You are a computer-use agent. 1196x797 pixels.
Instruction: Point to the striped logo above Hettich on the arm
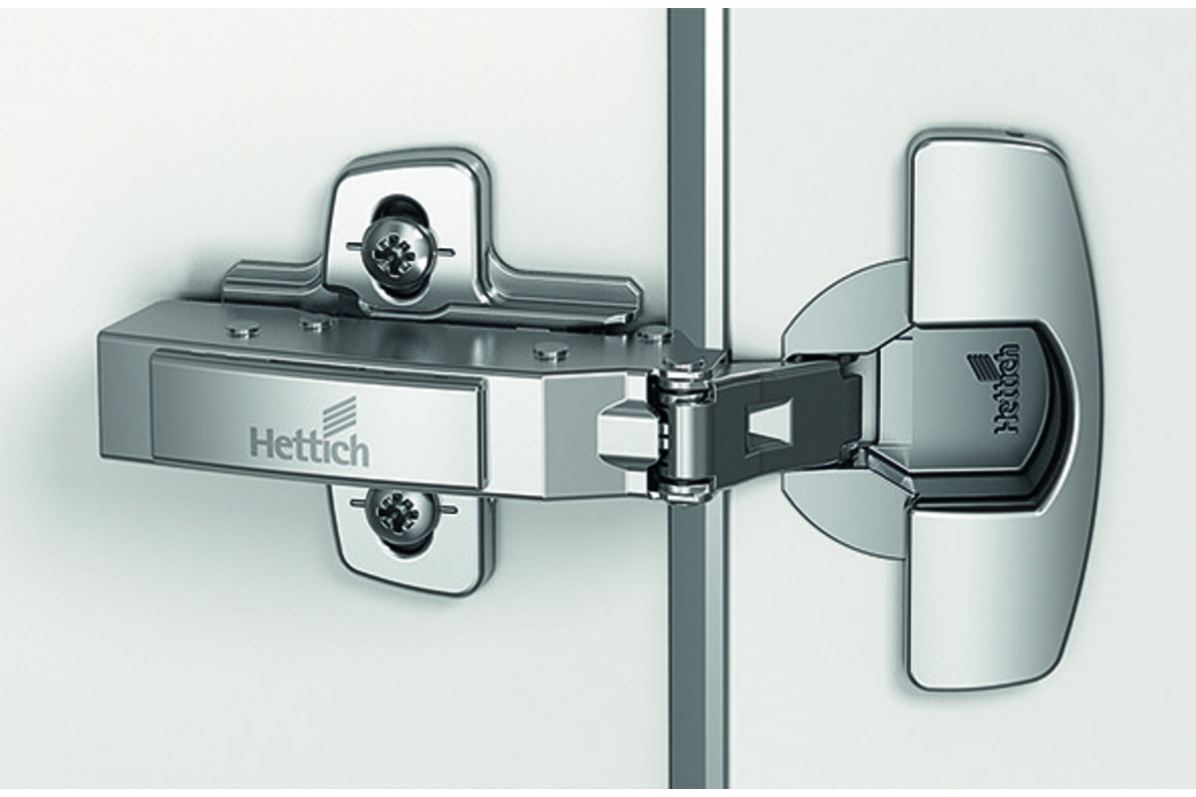(x=338, y=412)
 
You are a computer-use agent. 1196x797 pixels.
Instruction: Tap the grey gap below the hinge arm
(x=694, y=641)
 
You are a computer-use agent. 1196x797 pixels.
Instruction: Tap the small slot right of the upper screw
(x=446, y=251)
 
